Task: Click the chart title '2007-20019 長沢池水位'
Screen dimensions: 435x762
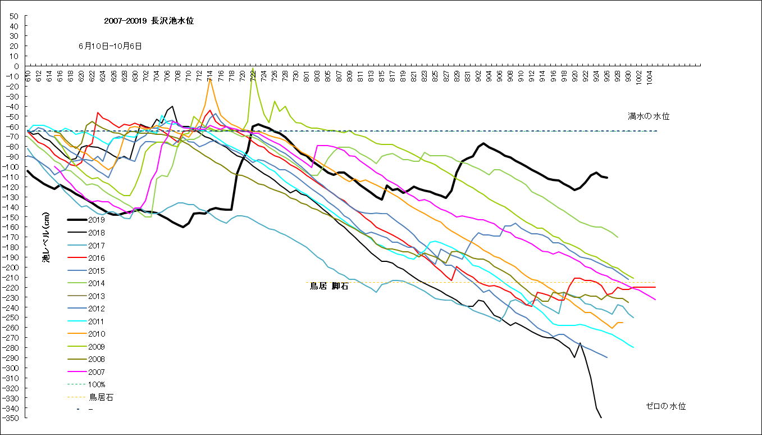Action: pyautogui.click(x=149, y=21)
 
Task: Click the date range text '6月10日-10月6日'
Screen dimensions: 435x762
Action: pyautogui.click(x=110, y=46)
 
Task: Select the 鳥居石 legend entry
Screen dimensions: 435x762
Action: pyautogui.click(x=101, y=397)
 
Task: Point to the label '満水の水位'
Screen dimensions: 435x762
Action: pyautogui.click(x=649, y=116)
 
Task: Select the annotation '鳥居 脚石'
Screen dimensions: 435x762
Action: pyautogui.click(x=329, y=286)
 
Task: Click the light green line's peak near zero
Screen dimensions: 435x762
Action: pyautogui.click(x=253, y=68)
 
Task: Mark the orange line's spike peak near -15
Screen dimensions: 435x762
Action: pyautogui.click(x=210, y=80)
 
